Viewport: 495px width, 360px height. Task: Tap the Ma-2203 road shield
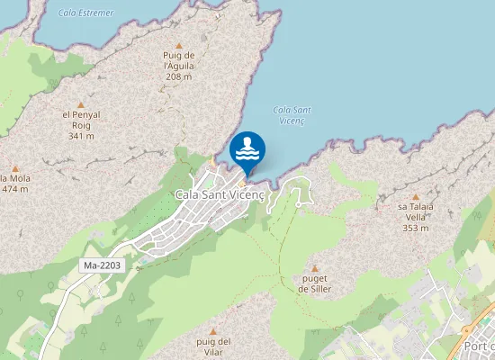point(101,266)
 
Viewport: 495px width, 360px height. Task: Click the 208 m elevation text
point(178,76)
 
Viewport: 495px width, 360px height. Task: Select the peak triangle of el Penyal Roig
point(79,104)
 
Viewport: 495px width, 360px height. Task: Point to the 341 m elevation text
point(79,136)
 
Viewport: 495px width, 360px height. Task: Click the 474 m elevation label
point(15,189)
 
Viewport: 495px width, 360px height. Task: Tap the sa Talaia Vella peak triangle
point(415,196)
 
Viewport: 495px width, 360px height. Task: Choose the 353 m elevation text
point(415,228)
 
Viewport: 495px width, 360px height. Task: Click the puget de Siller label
point(314,284)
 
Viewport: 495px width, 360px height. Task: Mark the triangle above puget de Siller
point(314,268)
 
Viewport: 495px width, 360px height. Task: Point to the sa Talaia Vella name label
point(415,211)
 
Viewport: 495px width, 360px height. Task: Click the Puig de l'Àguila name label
point(178,60)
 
